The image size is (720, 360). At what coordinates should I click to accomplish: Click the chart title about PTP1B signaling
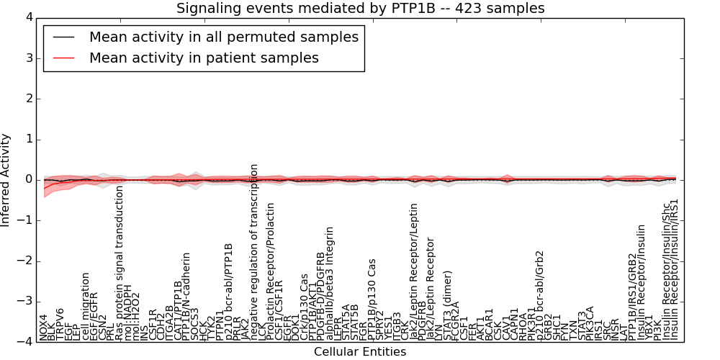coord(360,8)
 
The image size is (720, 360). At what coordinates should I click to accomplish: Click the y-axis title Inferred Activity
coord(6,179)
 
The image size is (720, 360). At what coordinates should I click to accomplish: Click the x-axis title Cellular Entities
coord(360,352)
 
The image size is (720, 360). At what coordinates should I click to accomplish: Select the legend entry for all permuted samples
coord(223,37)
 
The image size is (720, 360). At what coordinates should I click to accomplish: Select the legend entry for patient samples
coord(204,58)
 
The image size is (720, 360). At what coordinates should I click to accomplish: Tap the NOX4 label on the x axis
coord(43,327)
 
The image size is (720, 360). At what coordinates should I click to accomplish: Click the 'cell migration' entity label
coord(86,307)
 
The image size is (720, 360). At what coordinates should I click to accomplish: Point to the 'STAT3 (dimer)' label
coord(448,310)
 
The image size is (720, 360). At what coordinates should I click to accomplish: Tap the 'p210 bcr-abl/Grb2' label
coord(540,295)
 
